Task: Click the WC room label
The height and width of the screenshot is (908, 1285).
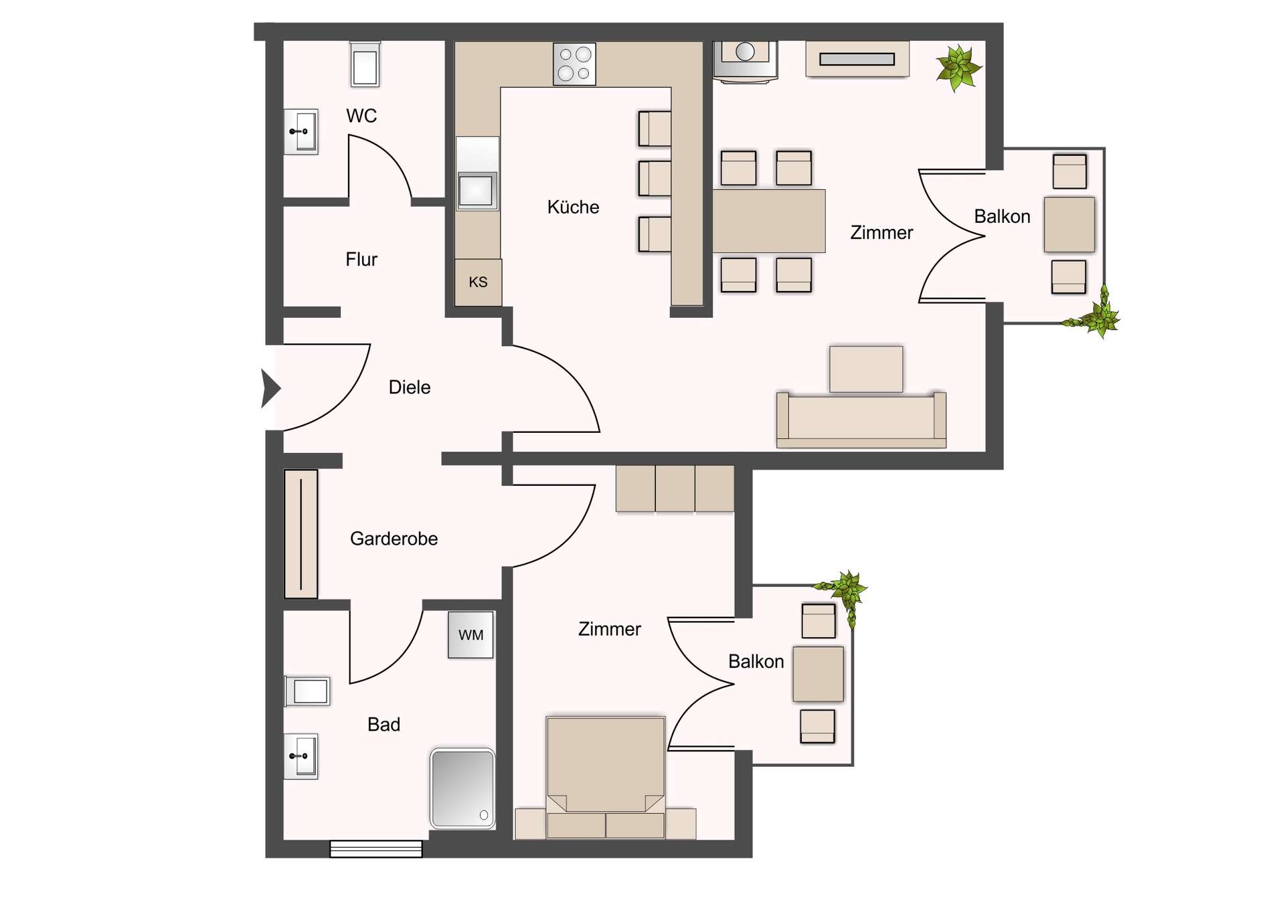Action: point(361,116)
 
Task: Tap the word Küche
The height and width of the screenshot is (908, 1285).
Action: point(573,207)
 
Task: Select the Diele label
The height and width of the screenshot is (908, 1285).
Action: point(410,387)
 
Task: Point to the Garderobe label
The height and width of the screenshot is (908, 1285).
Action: point(394,539)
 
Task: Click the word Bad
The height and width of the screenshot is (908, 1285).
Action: point(383,725)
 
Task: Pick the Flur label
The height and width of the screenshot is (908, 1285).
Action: point(361,260)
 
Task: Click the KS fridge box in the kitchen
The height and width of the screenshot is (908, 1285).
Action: point(478,282)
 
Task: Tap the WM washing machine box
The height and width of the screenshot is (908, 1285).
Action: point(470,635)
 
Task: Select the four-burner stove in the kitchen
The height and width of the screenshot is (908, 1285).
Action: point(574,64)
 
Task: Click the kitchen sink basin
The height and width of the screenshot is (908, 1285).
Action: point(476,190)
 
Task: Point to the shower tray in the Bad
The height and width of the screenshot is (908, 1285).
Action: point(462,788)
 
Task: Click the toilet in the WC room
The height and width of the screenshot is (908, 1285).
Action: point(365,64)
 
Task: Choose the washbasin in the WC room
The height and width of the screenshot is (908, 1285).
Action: point(301,132)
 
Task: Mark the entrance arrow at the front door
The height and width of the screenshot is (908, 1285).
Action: point(270,388)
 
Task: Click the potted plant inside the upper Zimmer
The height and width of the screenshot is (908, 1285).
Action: point(958,68)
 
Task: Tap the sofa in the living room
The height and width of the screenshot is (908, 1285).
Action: point(861,420)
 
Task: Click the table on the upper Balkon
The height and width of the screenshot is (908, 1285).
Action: point(1069,224)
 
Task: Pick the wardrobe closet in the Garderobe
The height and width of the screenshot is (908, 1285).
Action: point(301,534)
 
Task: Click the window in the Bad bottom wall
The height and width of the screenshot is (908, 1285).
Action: point(376,849)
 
